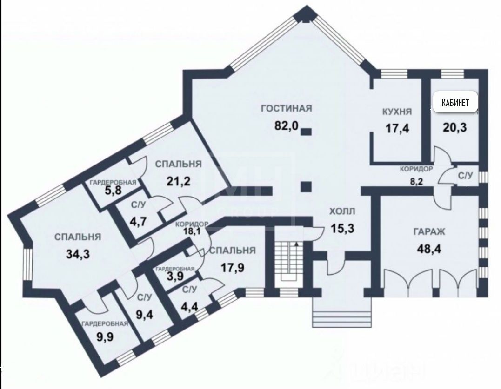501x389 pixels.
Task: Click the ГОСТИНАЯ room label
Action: tap(286, 108)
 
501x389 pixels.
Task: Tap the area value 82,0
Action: tap(286, 126)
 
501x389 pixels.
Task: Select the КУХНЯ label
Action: tap(397, 112)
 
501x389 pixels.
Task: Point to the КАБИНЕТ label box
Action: tap(455, 102)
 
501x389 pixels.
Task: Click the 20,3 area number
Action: tap(454, 128)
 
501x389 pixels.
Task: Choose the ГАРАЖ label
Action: tap(429, 231)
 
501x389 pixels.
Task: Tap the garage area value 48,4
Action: tap(429, 248)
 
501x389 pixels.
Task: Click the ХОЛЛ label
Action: tap(342, 211)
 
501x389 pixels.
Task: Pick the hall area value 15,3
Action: tap(342, 229)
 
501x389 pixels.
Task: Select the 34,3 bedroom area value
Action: tap(78, 254)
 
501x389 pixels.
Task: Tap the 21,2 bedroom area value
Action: tap(178, 181)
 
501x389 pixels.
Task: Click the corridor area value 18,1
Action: tap(192, 231)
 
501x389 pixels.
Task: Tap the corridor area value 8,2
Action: tap(416, 182)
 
